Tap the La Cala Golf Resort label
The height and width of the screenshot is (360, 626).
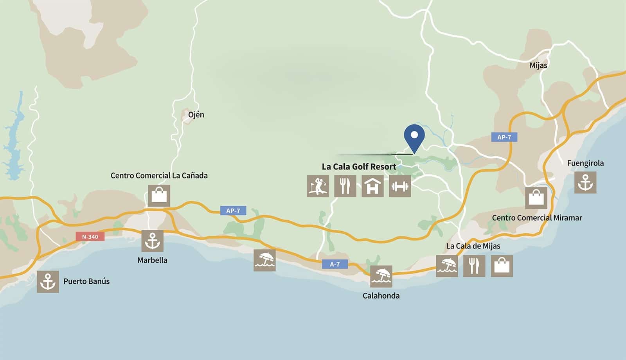click(x=359, y=166)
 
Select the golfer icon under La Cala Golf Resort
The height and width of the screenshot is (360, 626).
click(x=318, y=186)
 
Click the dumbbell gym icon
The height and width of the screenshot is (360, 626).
click(x=400, y=186)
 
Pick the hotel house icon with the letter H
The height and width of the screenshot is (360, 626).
click(x=372, y=186)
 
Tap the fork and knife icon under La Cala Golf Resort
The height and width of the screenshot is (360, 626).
click(x=345, y=186)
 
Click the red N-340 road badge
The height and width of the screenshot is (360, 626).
click(x=90, y=236)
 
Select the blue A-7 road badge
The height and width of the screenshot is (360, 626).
click(x=335, y=264)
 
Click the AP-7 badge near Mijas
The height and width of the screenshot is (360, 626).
click(x=504, y=137)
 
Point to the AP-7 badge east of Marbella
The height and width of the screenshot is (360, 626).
click(x=233, y=211)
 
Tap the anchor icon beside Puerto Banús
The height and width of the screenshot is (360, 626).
click(x=48, y=281)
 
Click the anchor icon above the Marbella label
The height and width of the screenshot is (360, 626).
click(x=152, y=241)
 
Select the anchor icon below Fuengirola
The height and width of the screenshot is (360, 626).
click(x=585, y=182)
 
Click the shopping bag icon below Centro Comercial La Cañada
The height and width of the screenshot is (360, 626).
click(x=159, y=195)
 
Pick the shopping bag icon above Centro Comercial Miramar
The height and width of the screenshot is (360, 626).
click(x=536, y=198)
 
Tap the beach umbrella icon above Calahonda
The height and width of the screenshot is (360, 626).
click(x=381, y=276)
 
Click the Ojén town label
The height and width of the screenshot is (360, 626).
click(x=196, y=115)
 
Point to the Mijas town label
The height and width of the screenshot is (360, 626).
click(x=538, y=65)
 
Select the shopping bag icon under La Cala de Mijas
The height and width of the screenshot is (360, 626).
click(x=502, y=266)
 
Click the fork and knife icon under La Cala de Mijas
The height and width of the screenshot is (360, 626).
click(x=474, y=266)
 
